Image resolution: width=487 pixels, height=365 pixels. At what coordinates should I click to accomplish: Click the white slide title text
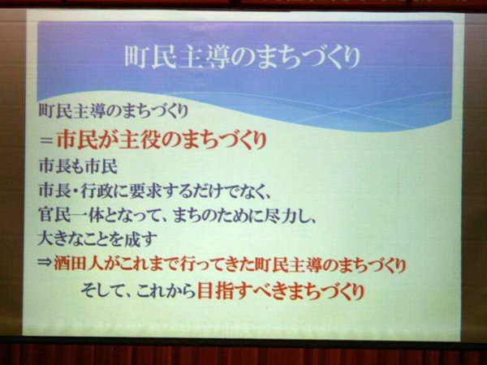[x=242, y=58]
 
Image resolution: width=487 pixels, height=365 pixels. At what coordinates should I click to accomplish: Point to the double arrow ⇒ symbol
[x=45, y=264]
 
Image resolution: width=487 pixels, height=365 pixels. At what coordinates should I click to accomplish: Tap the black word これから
[x=166, y=292]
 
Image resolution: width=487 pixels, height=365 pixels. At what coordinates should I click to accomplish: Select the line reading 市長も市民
[x=78, y=166]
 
